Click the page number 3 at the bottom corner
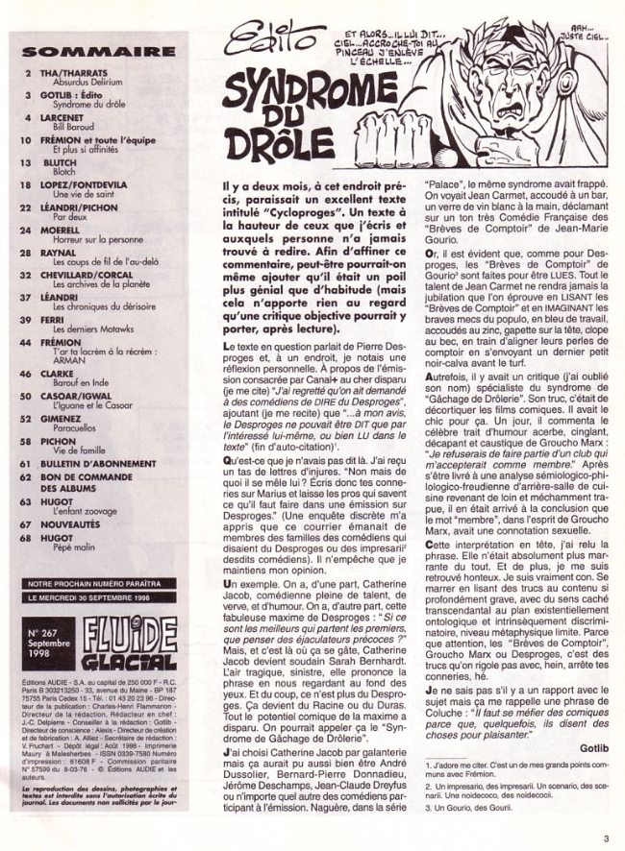[x=606, y=839]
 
